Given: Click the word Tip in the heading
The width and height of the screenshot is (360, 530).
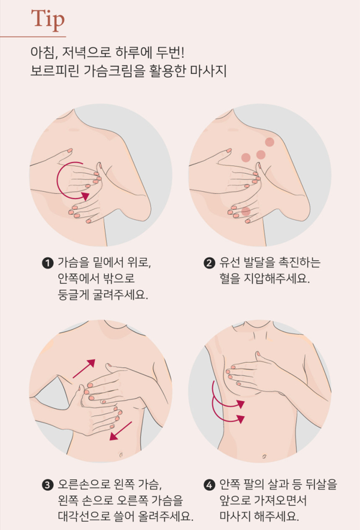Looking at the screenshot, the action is coord(47,20).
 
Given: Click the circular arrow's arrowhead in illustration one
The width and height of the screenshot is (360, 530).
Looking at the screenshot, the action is coord(86,195).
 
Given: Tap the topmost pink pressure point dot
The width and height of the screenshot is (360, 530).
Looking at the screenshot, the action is coord(270,142).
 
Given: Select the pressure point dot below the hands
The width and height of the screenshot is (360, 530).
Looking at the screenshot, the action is coord(246,212).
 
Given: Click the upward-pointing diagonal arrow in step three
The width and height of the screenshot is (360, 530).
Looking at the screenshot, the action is coord(84,369).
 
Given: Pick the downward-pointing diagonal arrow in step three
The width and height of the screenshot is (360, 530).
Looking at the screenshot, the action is coord(120,431).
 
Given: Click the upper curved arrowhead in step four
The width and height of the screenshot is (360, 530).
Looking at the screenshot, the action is coord(240,404).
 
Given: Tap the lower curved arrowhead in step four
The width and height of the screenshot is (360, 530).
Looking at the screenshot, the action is coord(240,419).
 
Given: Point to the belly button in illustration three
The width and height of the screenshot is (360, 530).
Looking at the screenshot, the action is coord(121,455).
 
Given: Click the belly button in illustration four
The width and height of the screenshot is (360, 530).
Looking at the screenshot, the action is coord(264,457).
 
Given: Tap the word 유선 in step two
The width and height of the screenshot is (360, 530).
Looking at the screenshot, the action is coord(229,263).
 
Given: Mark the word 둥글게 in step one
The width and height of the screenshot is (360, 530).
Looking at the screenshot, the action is coord(73,295).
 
